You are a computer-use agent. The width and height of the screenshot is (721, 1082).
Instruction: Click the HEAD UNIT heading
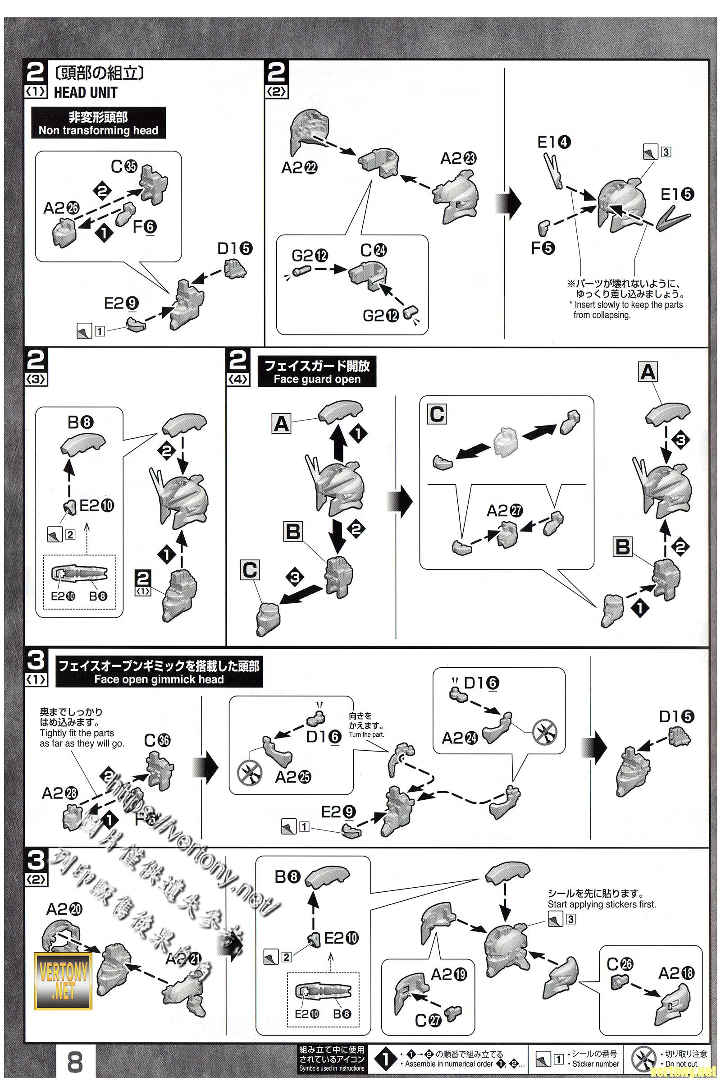[x=85, y=92]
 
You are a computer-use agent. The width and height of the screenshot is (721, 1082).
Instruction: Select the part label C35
[x=124, y=166]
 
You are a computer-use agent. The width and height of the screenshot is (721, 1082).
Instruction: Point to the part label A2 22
[x=299, y=168]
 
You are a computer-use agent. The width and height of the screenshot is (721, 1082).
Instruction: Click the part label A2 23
[x=458, y=159]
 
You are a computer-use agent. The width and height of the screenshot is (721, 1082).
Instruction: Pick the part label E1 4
[x=554, y=142]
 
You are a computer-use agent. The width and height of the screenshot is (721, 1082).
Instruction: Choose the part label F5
[x=543, y=248]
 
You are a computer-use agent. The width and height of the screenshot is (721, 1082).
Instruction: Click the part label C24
[x=374, y=250]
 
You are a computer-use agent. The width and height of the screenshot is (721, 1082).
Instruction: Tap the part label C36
[x=157, y=740]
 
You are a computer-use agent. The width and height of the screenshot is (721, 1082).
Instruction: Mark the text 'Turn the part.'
[x=366, y=735]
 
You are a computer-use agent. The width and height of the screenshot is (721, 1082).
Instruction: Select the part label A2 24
[x=460, y=738]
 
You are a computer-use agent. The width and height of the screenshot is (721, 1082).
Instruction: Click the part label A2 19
[x=448, y=974]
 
